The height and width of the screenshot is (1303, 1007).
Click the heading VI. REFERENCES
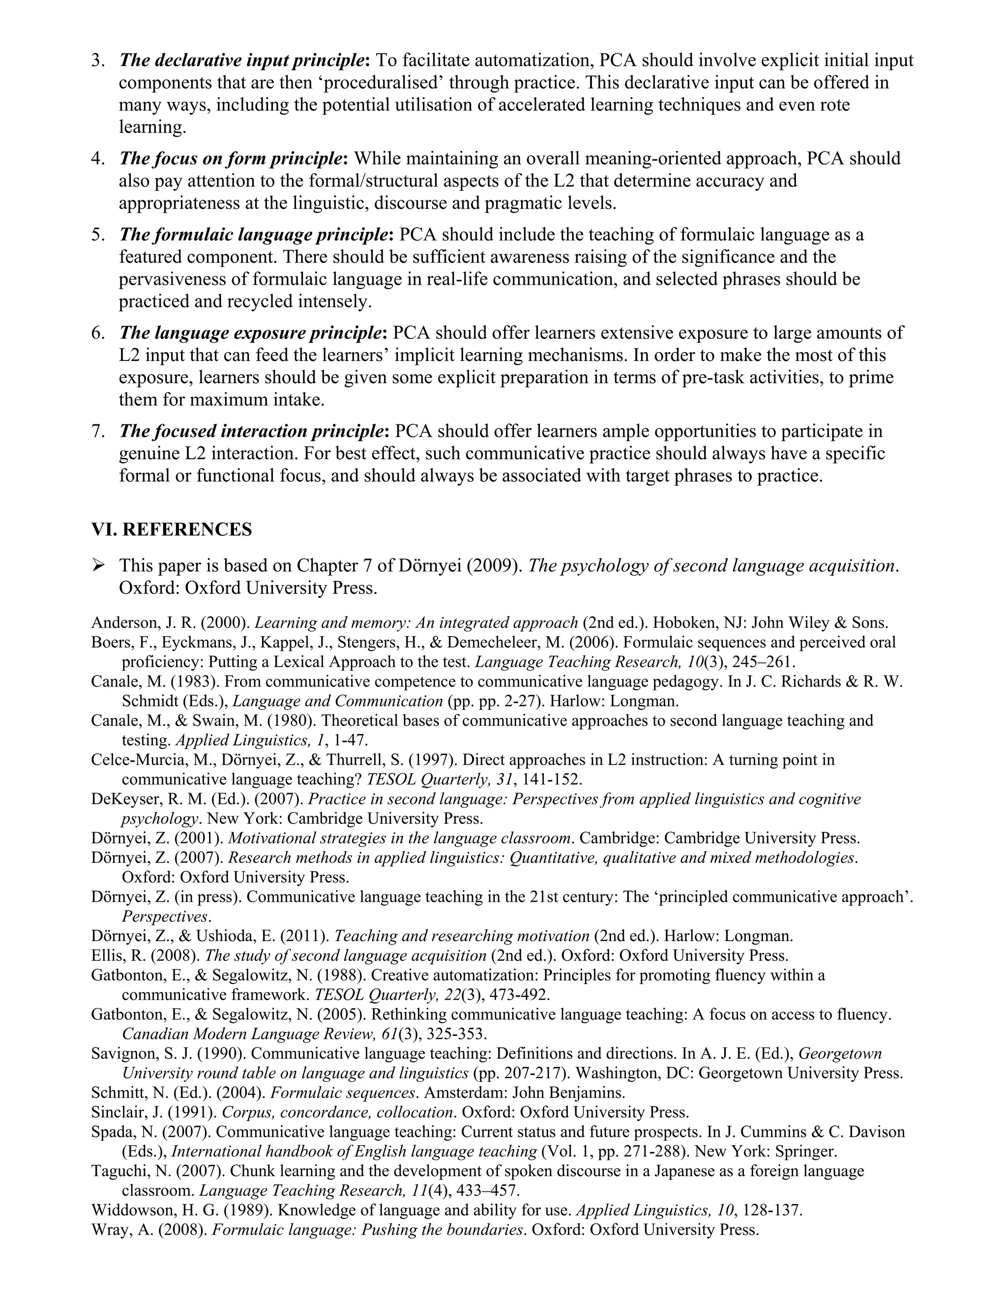pyautogui.click(x=171, y=529)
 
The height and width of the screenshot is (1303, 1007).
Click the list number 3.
pyautogui.click(x=98, y=60)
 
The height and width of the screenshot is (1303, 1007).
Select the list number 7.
pyautogui.click(x=98, y=431)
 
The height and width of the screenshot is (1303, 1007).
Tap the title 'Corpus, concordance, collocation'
pyautogui.click(x=338, y=1113)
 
